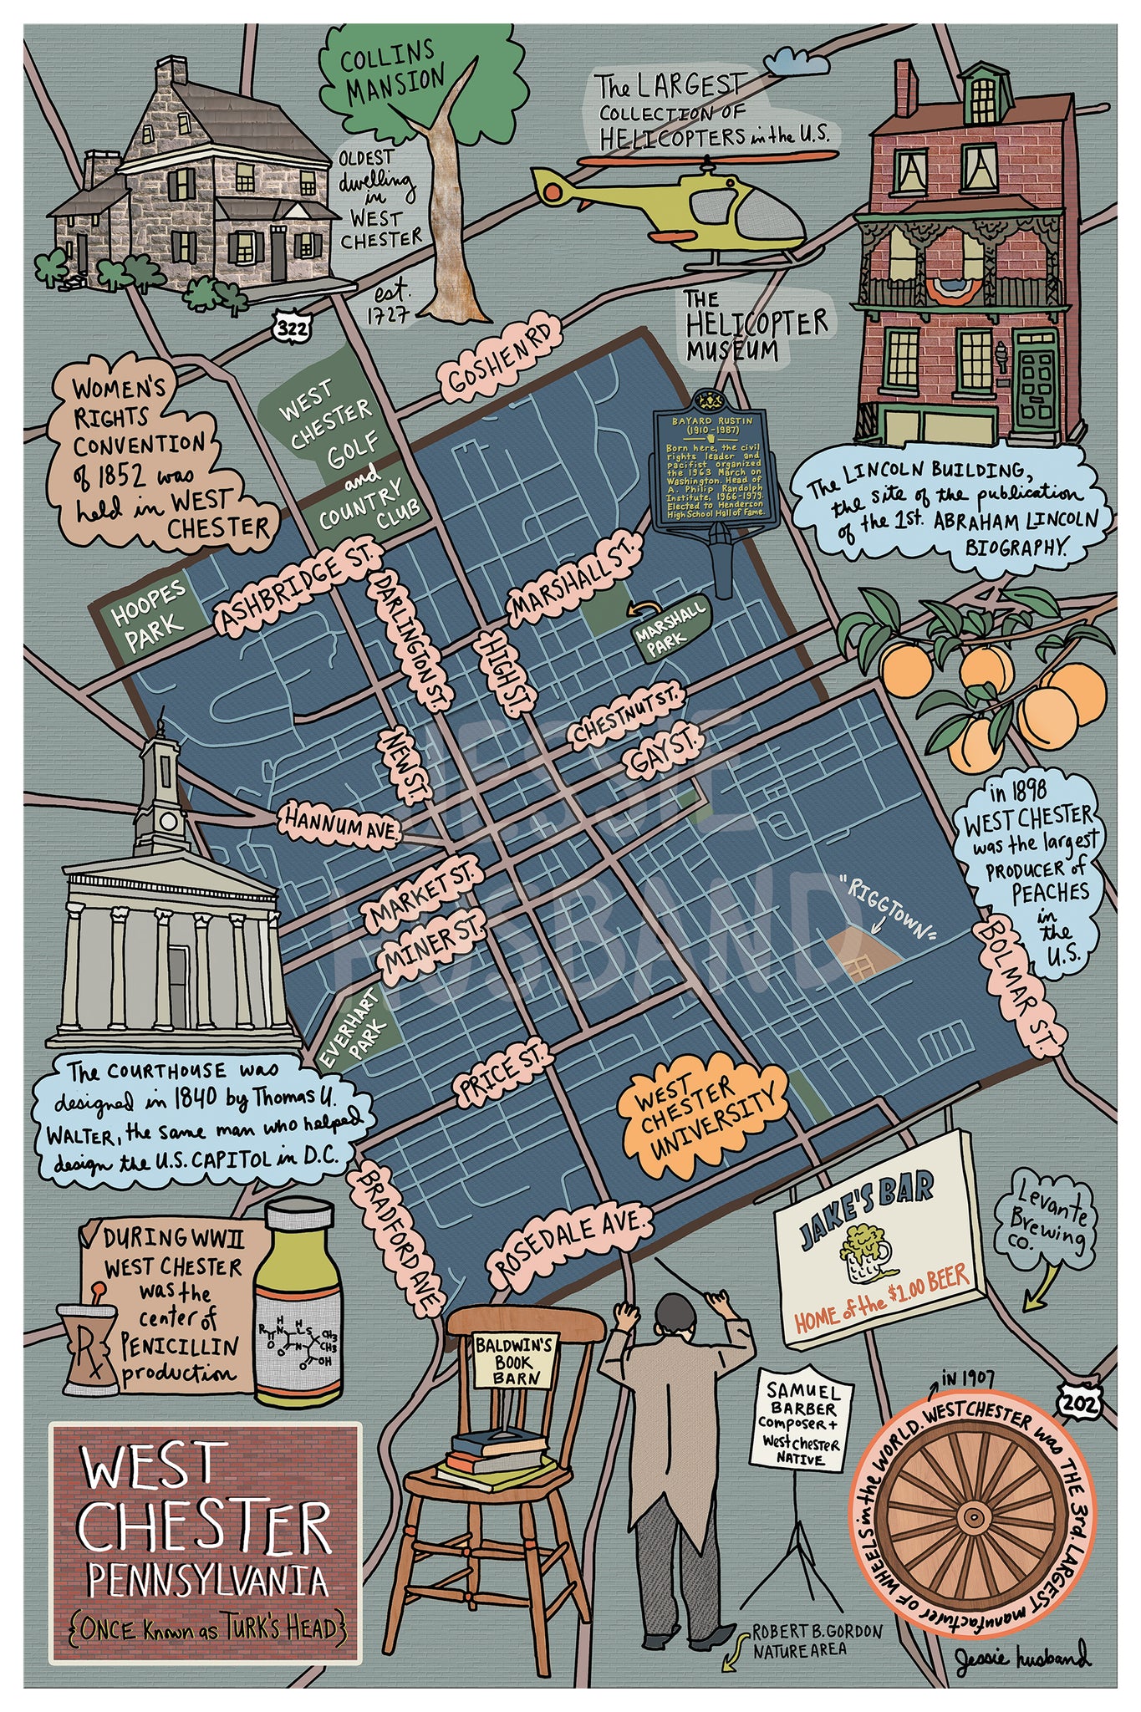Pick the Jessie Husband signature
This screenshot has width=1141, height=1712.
(x=1022, y=1654)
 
